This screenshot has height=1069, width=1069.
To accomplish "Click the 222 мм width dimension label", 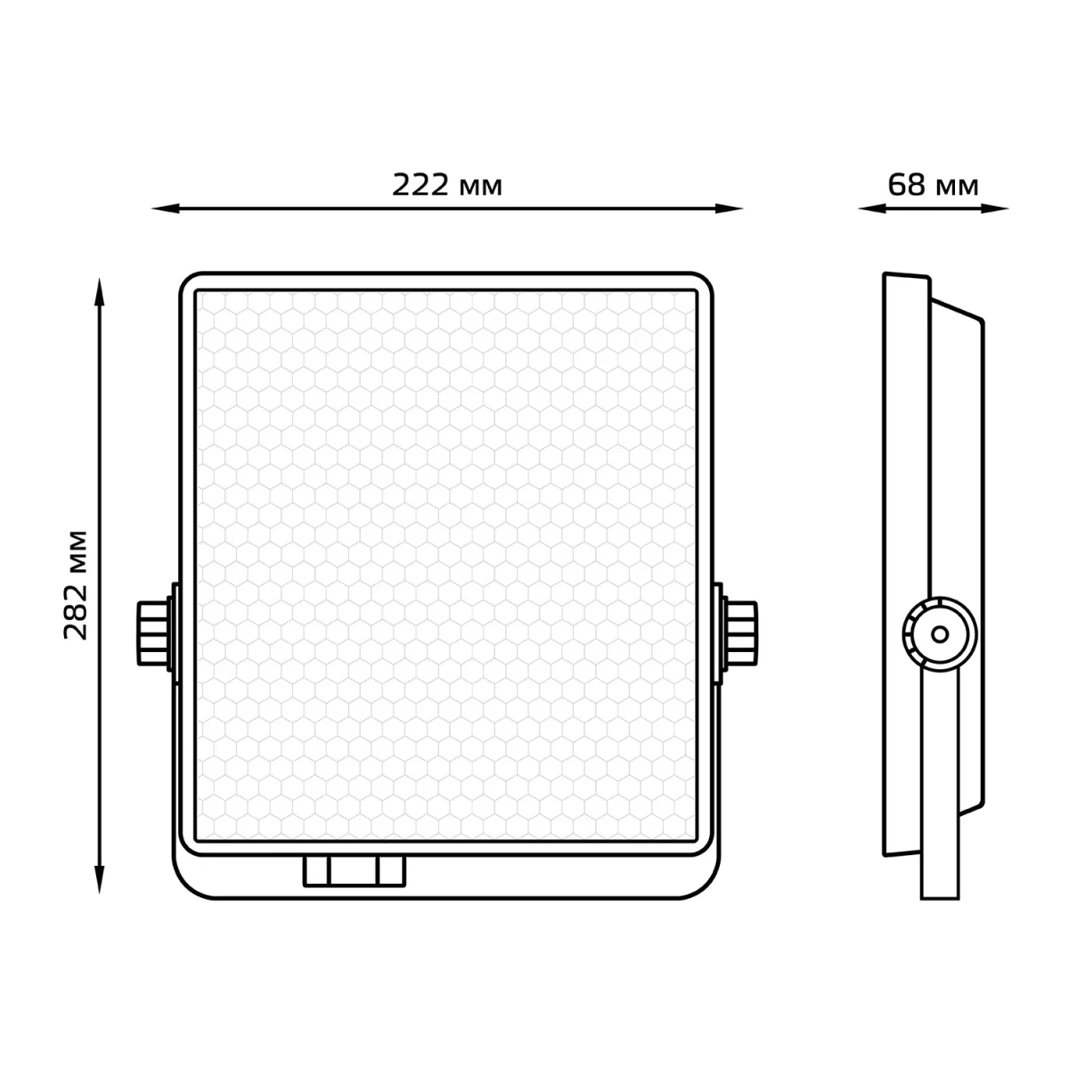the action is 447,184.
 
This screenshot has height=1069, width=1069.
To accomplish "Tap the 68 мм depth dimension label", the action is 933,184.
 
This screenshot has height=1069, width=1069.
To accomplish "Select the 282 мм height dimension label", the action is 76,585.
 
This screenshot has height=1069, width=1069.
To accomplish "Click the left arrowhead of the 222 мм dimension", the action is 165,209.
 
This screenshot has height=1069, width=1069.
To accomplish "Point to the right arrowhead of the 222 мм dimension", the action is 729,209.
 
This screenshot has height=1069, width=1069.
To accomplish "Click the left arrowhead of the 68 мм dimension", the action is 871,209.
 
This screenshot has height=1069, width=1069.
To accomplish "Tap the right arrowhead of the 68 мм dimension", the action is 995,209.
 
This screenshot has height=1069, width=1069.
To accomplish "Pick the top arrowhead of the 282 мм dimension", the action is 99,292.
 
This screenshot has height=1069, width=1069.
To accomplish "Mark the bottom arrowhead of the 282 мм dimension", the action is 99,880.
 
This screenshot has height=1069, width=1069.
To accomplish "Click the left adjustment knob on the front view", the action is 153,633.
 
